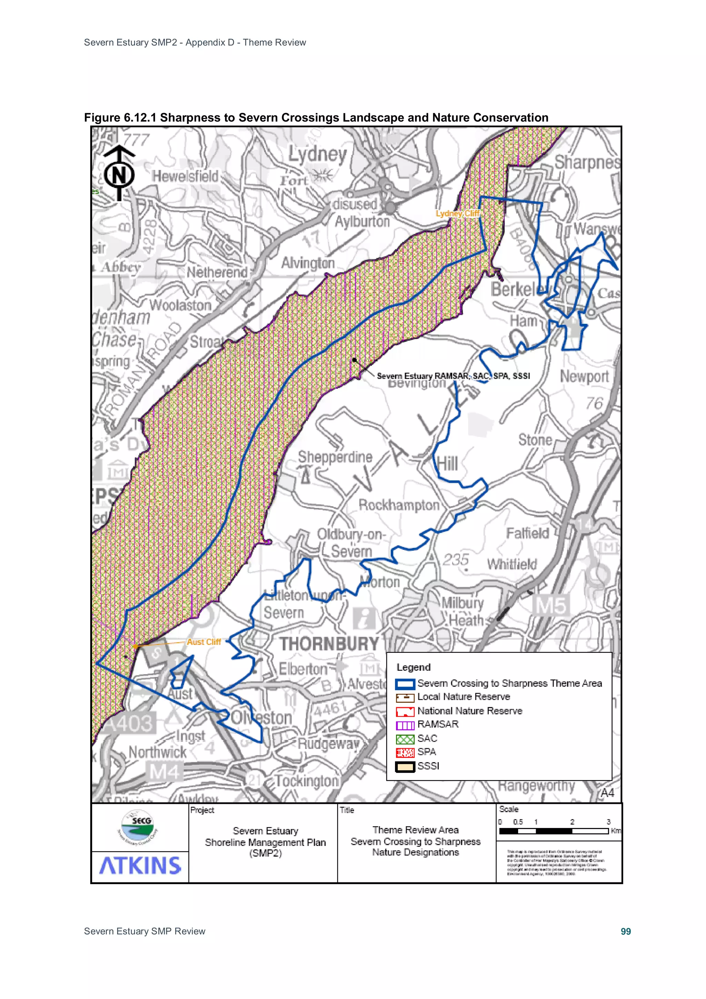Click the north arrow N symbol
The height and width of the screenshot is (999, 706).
point(119,174)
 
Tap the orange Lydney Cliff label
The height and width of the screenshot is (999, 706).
point(457,213)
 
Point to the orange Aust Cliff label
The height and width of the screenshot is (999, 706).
point(204,642)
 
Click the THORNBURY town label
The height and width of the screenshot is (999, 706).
point(329,643)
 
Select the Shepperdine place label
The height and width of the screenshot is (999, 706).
point(335,457)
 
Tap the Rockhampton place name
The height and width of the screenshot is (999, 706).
point(399,505)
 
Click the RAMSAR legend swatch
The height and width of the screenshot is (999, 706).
point(405,725)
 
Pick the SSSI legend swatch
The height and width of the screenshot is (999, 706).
point(405,767)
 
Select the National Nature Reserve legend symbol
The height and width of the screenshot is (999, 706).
point(405,711)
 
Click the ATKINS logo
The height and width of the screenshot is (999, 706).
point(140,866)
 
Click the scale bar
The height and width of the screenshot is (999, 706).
point(554,831)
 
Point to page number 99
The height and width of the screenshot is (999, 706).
point(626,931)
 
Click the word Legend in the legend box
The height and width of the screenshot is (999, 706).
point(413,668)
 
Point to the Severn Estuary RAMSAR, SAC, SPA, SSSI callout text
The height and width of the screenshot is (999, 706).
point(453,376)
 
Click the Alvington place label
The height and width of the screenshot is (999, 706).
point(308,263)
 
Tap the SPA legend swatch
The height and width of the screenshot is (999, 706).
point(405,752)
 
